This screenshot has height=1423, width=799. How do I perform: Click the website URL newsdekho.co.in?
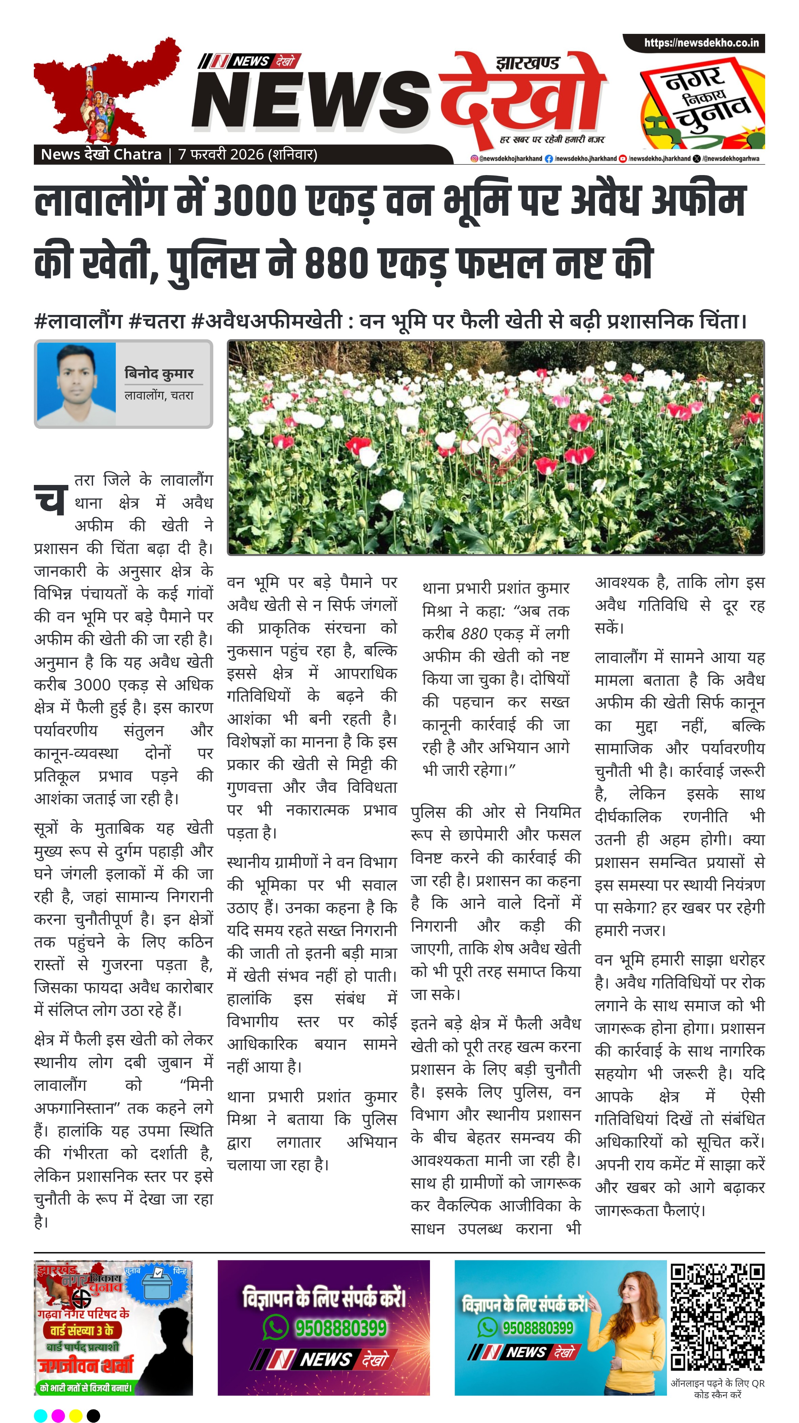click(701, 43)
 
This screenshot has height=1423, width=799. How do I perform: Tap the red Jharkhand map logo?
click(105, 91)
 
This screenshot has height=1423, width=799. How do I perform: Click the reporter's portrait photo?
click(76, 384)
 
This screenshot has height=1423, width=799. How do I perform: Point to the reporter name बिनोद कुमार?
click(159, 374)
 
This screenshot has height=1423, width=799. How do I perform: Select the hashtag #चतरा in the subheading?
click(156, 321)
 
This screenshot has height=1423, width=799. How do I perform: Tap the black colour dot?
click(94, 1415)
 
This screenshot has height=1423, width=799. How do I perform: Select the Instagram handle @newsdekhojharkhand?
click(506, 158)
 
